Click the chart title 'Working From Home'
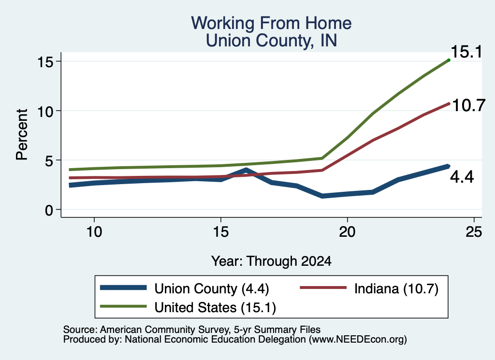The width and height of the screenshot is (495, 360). [x=271, y=23]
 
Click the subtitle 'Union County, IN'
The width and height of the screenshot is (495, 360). [x=271, y=41]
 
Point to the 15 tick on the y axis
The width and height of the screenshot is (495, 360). [x=45, y=61]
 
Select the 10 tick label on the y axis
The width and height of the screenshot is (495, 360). [x=45, y=111]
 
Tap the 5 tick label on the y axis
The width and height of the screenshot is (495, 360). [x=49, y=160]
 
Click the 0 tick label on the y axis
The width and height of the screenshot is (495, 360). [x=49, y=210]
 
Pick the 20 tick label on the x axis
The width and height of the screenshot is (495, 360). [x=347, y=232]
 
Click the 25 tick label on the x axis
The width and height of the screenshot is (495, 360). [x=474, y=232]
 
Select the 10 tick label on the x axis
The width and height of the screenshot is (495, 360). [x=94, y=232]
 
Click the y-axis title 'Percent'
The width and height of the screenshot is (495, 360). [x=22, y=135]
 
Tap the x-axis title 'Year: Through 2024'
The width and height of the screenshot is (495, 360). [x=271, y=261]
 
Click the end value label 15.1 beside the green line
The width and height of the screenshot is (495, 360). [x=466, y=52]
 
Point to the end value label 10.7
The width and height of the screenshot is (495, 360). [x=468, y=105]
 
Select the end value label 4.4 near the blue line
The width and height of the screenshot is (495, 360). [x=462, y=177]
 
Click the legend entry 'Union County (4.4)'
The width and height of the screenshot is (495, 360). [x=212, y=288]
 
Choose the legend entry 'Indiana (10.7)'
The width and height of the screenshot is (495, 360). [x=396, y=288]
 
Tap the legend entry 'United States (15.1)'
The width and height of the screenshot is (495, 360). [x=215, y=307]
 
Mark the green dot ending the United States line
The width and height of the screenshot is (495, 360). [x=449, y=60]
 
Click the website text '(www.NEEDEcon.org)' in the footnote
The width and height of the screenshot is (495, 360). [x=358, y=339]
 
